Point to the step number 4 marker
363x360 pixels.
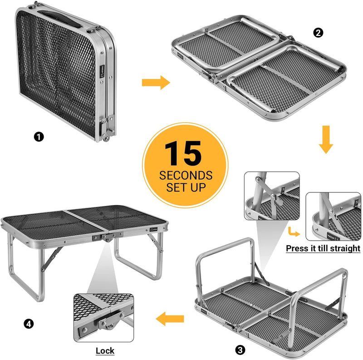[x=29, y=324]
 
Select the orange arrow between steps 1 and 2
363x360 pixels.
[x=155, y=83]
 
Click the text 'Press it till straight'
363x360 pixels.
[x=323, y=248]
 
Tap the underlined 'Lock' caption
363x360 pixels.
[x=105, y=350]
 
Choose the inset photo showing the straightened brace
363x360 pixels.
[x=333, y=217]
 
